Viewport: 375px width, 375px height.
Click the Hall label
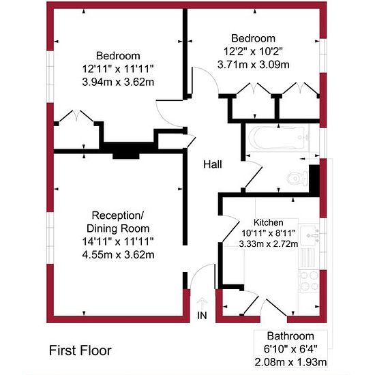point(212,164)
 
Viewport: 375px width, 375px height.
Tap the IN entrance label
point(202,316)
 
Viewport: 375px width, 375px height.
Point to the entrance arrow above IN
point(202,303)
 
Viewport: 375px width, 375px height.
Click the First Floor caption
point(80,350)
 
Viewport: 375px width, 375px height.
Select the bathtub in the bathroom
point(278,138)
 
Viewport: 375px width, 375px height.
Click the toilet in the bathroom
point(297,179)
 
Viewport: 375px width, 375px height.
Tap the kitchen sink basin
point(310,235)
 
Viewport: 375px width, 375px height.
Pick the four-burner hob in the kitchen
point(309,280)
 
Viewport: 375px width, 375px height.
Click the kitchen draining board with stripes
point(307,258)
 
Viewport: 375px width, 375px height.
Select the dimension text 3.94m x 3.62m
point(118,82)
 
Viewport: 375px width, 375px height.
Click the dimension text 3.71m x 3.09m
point(254,65)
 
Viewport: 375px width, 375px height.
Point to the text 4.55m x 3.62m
point(118,254)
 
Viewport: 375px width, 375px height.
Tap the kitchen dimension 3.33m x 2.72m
point(269,243)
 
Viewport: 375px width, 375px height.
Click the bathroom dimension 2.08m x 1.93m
point(290,362)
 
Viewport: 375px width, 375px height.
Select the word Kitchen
point(269,222)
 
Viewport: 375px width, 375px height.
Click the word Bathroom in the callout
point(290,336)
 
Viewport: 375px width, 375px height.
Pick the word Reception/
point(118,215)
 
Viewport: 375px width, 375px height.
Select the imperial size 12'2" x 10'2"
point(254,51)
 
